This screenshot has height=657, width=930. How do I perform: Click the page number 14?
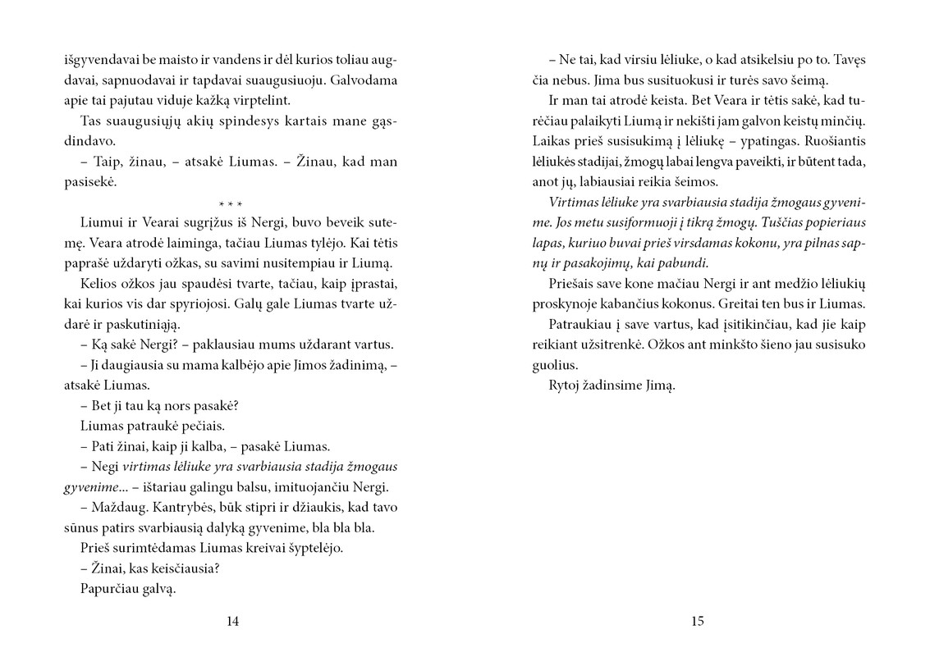(x=232, y=622)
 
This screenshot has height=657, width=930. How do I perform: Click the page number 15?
(x=697, y=622)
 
